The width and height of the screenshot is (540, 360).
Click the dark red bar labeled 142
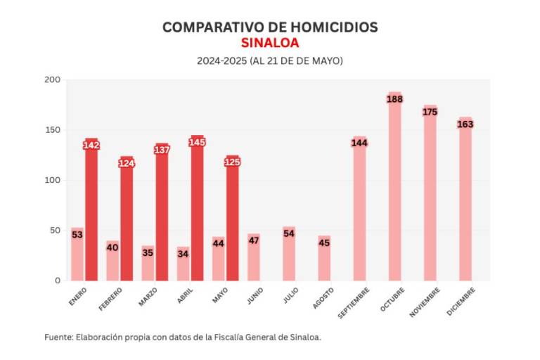tap(91, 211)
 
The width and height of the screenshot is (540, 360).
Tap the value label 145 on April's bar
tap(197, 142)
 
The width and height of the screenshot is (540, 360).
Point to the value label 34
tap(183, 254)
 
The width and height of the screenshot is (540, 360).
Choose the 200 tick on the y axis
tap(53, 80)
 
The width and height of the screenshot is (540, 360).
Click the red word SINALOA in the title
tap(270, 43)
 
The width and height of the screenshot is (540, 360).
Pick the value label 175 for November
tap(430, 112)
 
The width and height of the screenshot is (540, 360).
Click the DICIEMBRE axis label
tap(461, 302)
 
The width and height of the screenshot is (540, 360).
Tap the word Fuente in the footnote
tap(58, 337)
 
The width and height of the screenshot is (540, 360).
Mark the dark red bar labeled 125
tap(233, 218)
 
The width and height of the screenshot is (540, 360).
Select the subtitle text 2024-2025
tap(221, 61)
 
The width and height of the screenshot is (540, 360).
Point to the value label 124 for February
tap(127, 163)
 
